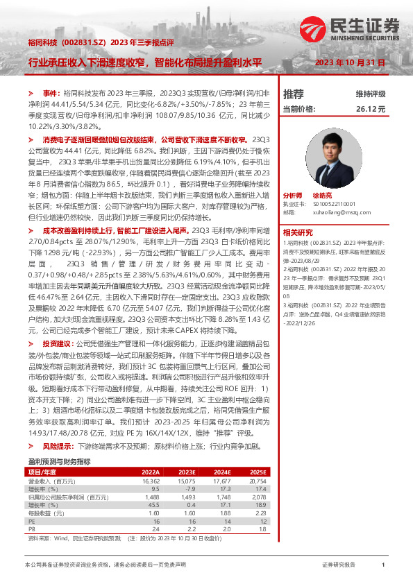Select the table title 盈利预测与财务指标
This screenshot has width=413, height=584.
click(60, 441)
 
